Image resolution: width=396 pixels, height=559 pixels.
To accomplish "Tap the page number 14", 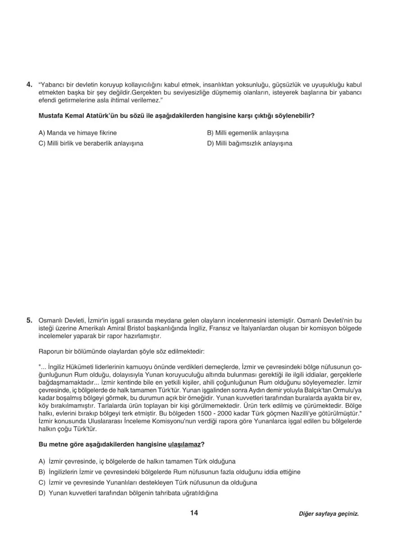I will coord(194,513).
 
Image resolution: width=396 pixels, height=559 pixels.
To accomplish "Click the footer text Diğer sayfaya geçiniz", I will coord(328,514).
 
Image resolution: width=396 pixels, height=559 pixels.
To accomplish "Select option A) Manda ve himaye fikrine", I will coord(77,133).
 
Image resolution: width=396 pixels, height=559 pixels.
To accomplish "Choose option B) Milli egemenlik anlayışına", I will coord(247,133).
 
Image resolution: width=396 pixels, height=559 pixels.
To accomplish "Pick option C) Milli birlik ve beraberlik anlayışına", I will coord(91,143).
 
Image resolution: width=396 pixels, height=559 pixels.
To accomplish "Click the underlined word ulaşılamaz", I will coord(184,444).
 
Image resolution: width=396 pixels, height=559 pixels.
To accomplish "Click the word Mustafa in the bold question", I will coord(51,116).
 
